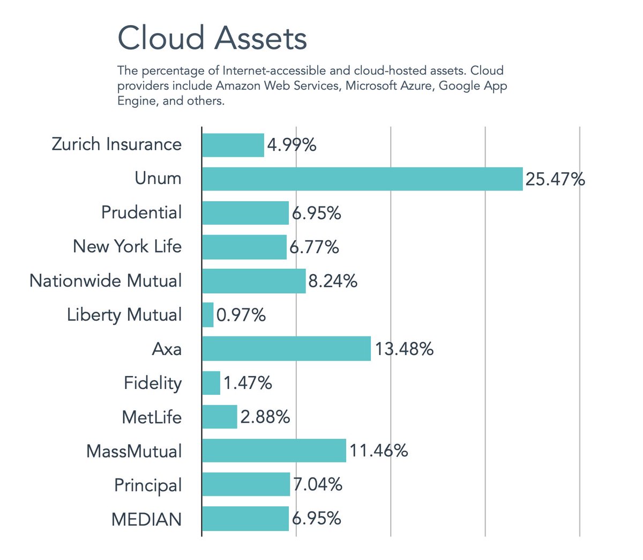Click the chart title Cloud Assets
tap(212, 39)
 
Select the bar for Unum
tap(362, 179)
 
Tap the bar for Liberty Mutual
tap(208, 315)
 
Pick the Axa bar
tap(286, 349)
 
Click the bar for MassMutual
tap(274, 451)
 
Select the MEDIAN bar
tap(245, 519)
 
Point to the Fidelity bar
tap(211, 383)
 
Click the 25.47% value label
tap(555, 179)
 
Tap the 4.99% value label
tap(291, 145)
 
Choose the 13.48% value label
tap(404, 349)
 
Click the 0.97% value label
tap(241, 315)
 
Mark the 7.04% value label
tap(318, 484)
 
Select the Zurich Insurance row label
tap(116, 144)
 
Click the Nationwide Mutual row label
tap(106, 281)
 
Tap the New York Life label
tap(127, 246)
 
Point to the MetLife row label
tap(152, 417)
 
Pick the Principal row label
tap(148, 485)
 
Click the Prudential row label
tap(141, 212)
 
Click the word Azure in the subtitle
tap(416, 86)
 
